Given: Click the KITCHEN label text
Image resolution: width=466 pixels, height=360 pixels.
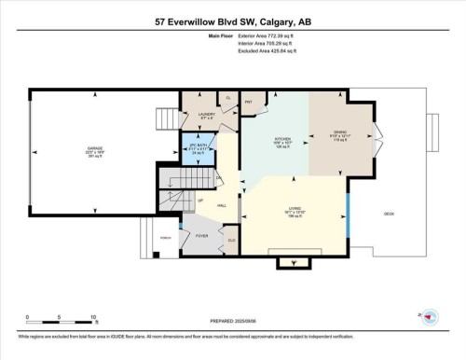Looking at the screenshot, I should (281, 141).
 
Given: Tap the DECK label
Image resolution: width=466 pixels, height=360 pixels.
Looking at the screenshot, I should (389, 215).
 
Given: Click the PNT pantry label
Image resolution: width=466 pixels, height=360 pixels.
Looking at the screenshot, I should (250, 101).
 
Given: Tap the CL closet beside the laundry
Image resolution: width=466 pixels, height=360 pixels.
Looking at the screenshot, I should (227, 97).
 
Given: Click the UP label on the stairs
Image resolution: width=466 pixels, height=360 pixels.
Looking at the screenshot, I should (199, 200).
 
